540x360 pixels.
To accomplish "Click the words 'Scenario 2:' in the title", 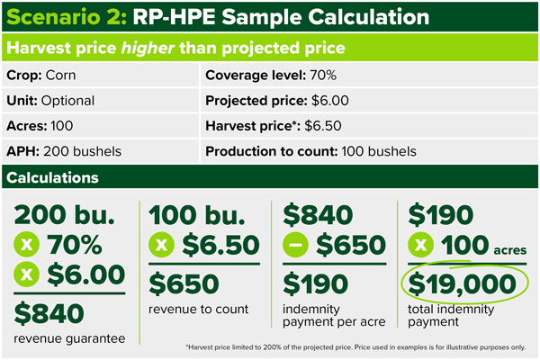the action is pyautogui.click(x=67, y=17).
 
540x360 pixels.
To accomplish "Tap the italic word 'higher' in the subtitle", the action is pyautogui.click(x=148, y=48).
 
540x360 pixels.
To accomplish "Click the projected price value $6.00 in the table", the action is pyautogui.click(x=330, y=101).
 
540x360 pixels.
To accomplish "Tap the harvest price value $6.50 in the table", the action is pyautogui.click(x=323, y=126).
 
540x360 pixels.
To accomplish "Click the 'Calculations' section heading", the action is pyautogui.click(x=52, y=178).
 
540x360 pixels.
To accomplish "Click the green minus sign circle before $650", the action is pyautogui.click(x=295, y=245).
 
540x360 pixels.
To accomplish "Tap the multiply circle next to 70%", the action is pyautogui.click(x=26, y=245).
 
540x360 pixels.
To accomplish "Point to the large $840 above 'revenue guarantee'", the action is pyautogui.click(x=49, y=313).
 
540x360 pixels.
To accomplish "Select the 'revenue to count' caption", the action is pyautogui.click(x=198, y=309).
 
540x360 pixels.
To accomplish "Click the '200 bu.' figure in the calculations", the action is pyautogui.click(x=64, y=214).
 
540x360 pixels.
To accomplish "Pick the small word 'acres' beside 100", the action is pyautogui.click(x=510, y=250).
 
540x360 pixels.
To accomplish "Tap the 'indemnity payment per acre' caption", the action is pyautogui.click(x=334, y=315).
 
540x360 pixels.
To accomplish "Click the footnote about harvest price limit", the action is pyautogui.click(x=355, y=347).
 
